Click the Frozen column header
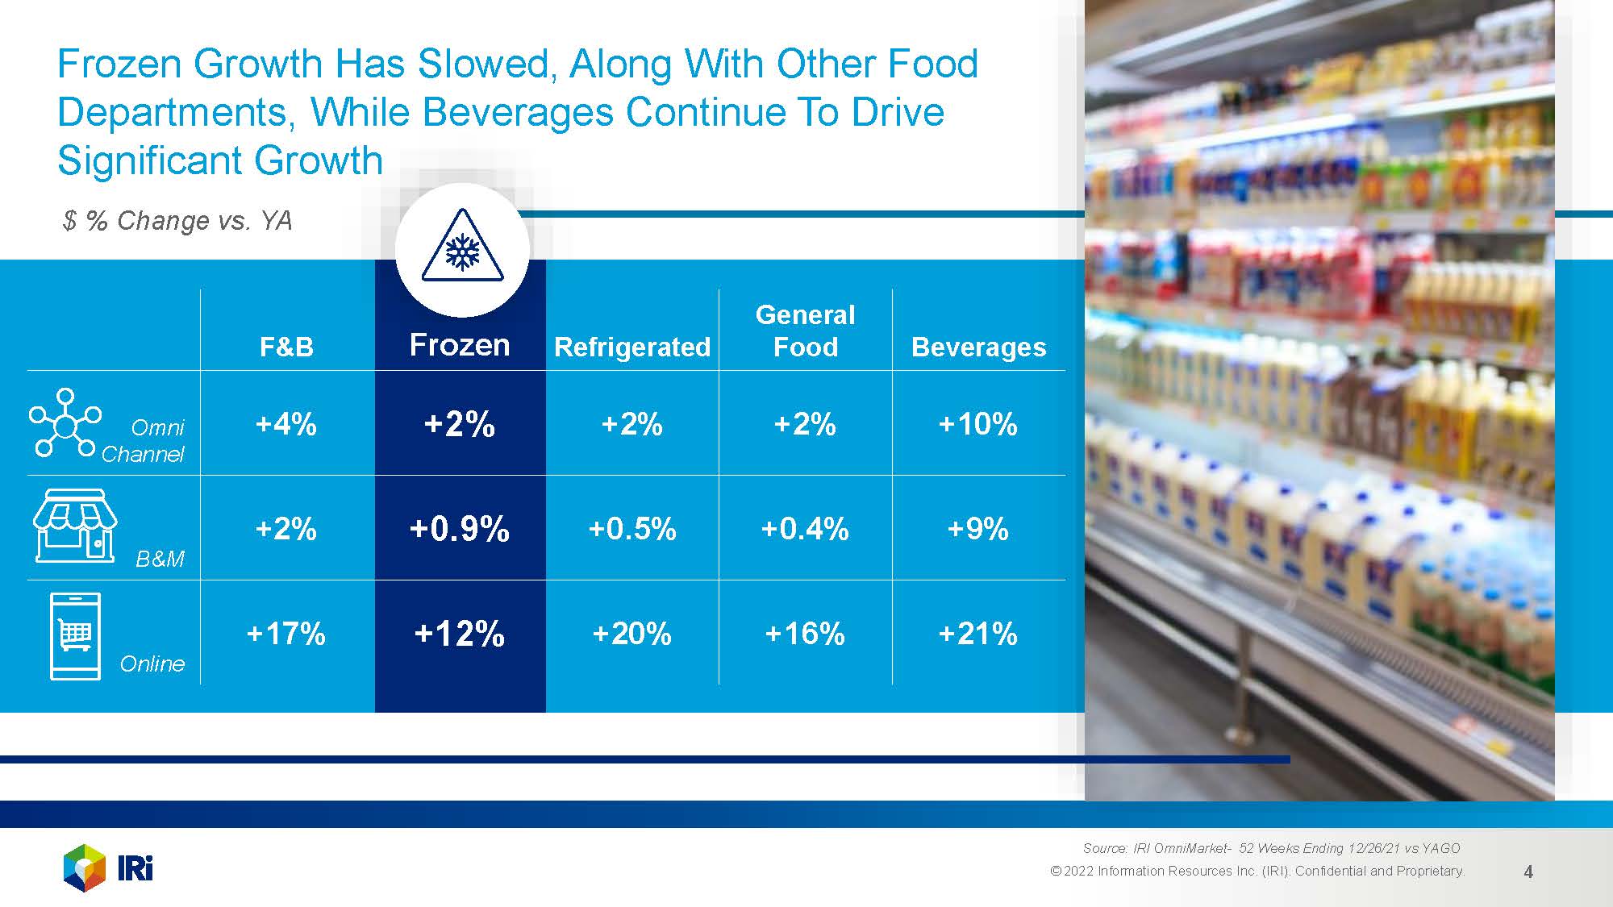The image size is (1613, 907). [x=460, y=345]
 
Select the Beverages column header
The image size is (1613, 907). [x=978, y=347]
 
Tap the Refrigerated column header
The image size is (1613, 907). [x=632, y=347]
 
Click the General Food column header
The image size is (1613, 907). [x=805, y=331]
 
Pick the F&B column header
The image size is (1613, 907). [x=286, y=347]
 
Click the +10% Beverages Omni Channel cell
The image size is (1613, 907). [x=977, y=424]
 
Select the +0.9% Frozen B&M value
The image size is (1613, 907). [x=460, y=529]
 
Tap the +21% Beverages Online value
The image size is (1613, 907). [x=977, y=634]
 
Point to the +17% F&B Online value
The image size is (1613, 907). [x=286, y=634]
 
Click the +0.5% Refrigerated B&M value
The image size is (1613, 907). [x=632, y=529]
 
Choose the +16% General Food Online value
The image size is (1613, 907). [x=805, y=634]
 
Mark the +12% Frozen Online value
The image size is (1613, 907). [x=460, y=634]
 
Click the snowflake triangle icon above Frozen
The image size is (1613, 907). [x=462, y=248]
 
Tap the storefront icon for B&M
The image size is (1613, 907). [x=75, y=525]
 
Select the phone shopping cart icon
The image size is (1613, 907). [x=76, y=636]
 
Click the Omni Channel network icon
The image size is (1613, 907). [x=65, y=422]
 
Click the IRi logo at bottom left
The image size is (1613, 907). [x=108, y=868]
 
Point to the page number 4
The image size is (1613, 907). [x=1528, y=872]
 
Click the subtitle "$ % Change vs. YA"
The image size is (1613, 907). [x=177, y=221]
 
